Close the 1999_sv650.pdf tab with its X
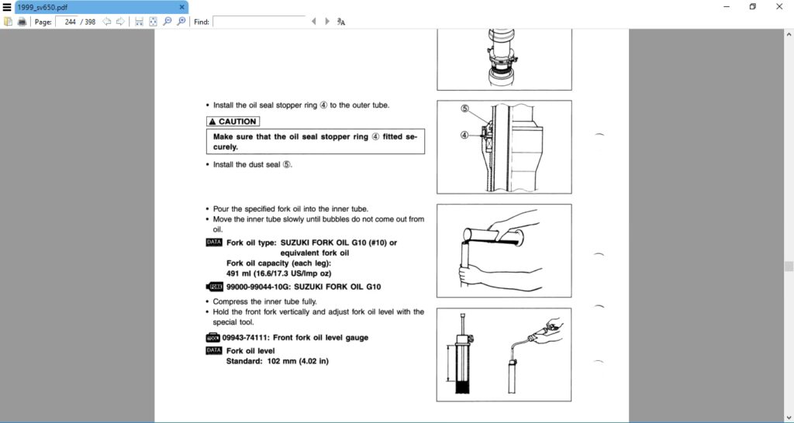point(182,6)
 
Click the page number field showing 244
point(67,22)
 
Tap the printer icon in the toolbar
point(22,22)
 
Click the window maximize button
point(751,6)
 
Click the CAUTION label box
point(232,122)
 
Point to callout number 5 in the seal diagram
point(465,108)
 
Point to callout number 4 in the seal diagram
point(465,134)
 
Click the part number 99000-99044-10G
point(258,287)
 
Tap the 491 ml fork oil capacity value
point(236,273)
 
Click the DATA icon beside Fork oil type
point(214,242)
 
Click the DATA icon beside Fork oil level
point(214,350)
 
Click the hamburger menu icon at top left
point(6,6)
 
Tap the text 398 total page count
point(90,22)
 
